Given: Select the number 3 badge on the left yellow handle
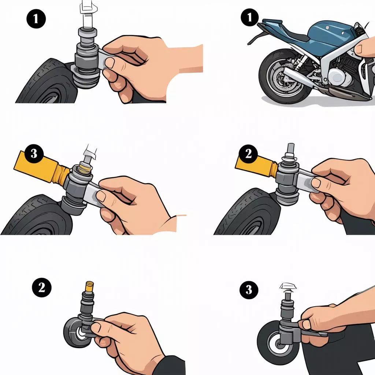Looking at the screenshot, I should [x=34, y=153].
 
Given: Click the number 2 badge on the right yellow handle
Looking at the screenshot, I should [x=249, y=154].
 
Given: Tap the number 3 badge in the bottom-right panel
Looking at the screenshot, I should [x=249, y=290].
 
